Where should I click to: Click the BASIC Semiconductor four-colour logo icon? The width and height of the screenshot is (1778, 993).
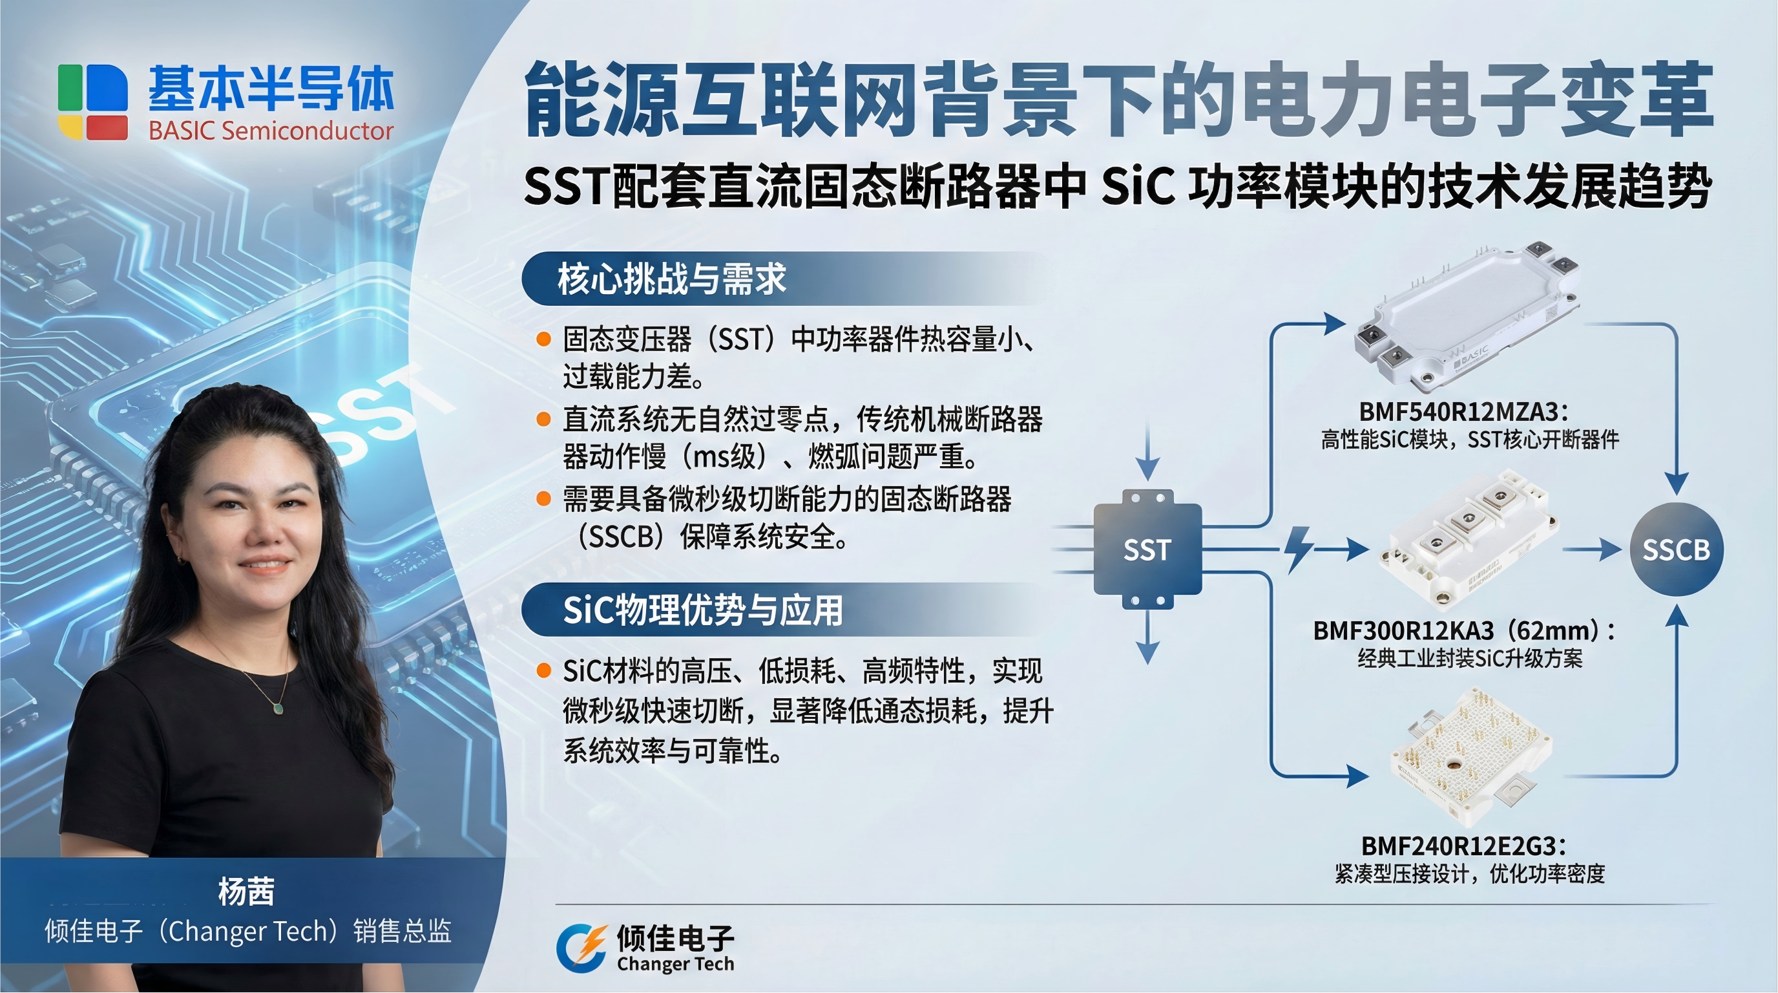pos(92,101)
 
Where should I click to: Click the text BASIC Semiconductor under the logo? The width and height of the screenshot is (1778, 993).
pos(271,131)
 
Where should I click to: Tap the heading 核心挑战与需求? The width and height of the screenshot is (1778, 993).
pos(671,279)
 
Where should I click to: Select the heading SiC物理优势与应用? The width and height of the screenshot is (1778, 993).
pos(703,610)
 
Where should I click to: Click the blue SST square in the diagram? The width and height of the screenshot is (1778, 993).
pos(1147,550)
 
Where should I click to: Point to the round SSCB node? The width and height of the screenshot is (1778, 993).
pos(1676,550)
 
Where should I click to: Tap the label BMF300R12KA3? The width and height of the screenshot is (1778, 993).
pos(1403,630)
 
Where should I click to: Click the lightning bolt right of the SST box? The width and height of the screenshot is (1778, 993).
pos(1299,550)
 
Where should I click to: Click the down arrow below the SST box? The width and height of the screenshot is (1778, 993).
pos(1147,638)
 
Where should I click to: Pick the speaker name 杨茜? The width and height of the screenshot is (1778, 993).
pos(246,891)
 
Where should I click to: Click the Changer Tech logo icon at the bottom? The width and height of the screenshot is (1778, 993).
pos(581,948)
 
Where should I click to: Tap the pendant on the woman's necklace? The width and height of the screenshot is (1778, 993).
pos(278,708)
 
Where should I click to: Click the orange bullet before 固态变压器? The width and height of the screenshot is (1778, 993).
pos(544,339)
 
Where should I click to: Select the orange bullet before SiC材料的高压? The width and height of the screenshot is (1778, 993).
pos(544,670)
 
